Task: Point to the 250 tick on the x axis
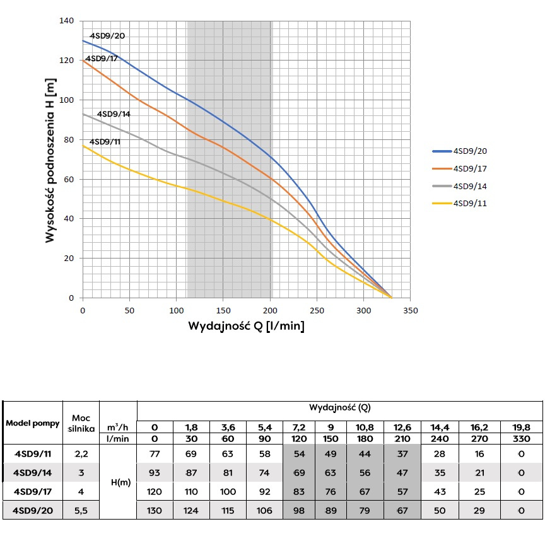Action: (317, 310)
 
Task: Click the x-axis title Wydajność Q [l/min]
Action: (247, 327)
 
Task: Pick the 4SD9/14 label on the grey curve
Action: (114, 114)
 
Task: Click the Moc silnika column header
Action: (81, 422)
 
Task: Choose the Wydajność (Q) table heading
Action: (339, 407)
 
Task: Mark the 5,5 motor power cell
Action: (81, 511)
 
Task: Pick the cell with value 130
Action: (155, 511)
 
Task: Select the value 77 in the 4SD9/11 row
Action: (155, 453)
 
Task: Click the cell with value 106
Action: (265, 511)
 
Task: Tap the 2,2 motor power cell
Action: (81, 453)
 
